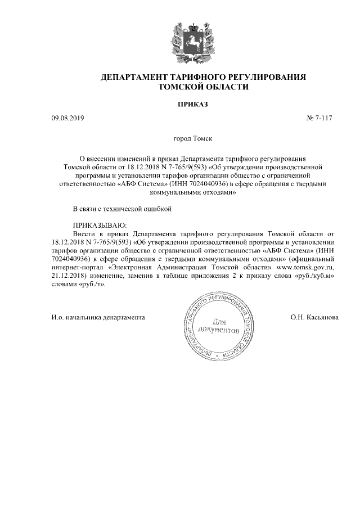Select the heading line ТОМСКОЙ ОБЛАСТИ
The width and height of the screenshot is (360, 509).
pyautogui.click(x=203, y=87)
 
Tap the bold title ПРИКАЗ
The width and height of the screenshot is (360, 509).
pyautogui.click(x=193, y=104)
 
